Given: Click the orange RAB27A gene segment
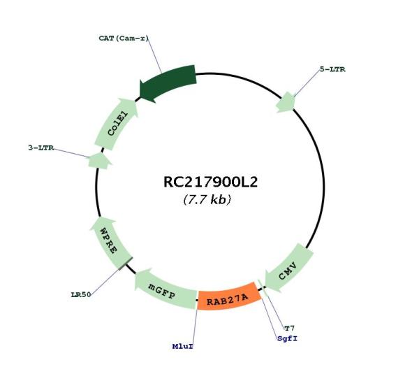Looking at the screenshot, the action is tap(229, 298).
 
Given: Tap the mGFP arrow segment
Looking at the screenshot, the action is tap(164, 290).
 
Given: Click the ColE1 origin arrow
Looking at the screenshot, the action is tap(116, 124).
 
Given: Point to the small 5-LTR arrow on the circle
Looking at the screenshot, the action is tap(286, 103).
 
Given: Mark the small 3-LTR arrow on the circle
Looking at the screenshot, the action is tap(99, 161).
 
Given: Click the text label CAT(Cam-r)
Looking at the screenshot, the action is tap(124, 38).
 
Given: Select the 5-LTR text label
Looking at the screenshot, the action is tap(332, 69).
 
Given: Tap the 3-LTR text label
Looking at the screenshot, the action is tap(41, 148).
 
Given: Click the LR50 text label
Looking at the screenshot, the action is tap(81, 295).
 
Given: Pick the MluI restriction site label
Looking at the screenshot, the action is tap(183, 347).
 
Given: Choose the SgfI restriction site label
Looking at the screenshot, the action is tap(287, 338).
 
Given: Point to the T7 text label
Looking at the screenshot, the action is tap(289, 328).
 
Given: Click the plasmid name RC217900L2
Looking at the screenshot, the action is tap(210, 182).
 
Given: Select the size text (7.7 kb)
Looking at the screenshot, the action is tap(207, 199).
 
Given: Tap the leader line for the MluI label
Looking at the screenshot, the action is tap(195, 326).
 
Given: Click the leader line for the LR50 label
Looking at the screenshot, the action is tap(106, 281).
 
